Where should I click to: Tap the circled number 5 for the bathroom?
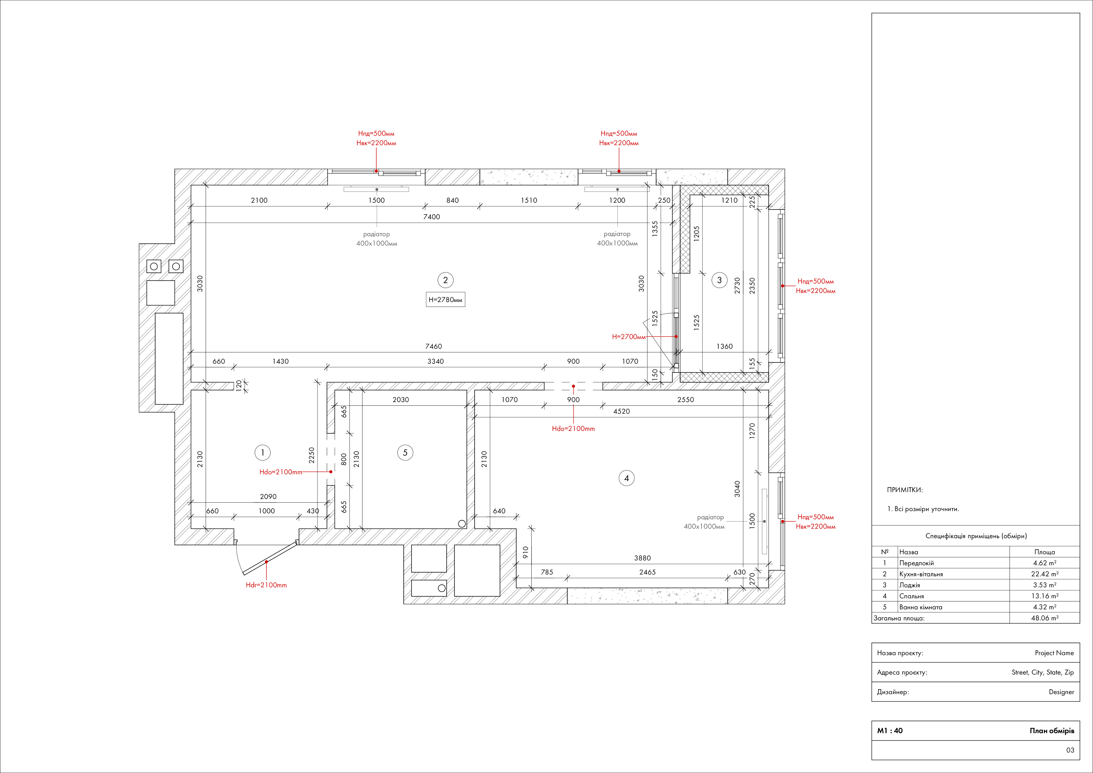click(x=405, y=453)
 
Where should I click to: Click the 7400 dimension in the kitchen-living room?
click(x=432, y=217)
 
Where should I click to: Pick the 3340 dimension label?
click(x=435, y=361)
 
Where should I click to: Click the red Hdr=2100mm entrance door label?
click(x=266, y=585)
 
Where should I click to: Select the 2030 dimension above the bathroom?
click(x=401, y=400)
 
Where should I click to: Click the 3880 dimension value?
click(x=642, y=558)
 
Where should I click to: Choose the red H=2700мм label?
click(x=629, y=336)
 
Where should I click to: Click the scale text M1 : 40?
click(x=890, y=731)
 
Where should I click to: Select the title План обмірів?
click(x=1052, y=731)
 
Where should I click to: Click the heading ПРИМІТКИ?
click(x=905, y=490)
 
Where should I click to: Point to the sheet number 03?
click(x=1070, y=750)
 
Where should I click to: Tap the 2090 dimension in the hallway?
click(x=268, y=497)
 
